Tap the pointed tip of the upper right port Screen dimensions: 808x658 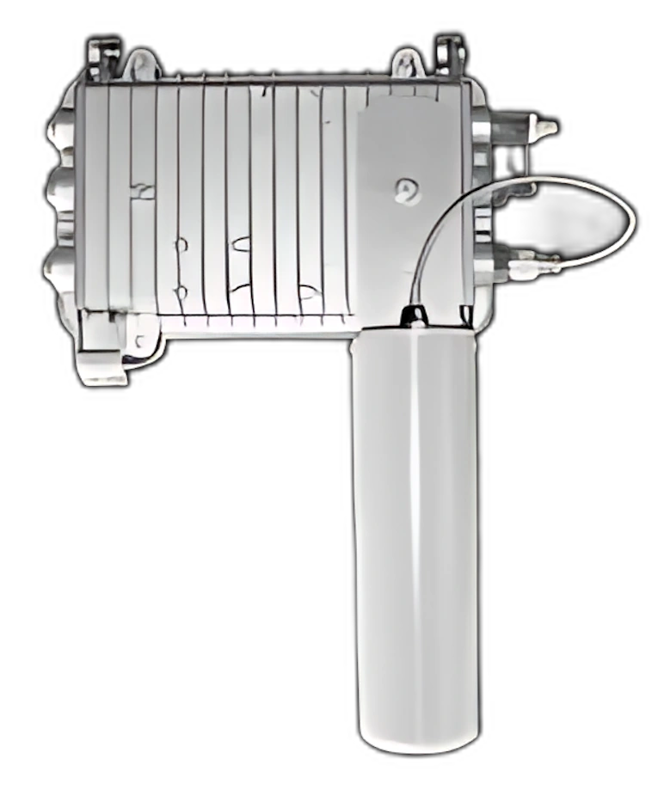click(x=548, y=128)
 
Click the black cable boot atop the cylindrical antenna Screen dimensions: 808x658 click(x=415, y=315)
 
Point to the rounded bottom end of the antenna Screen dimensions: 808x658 click(x=417, y=739)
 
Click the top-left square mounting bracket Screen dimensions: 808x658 click(x=103, y=58)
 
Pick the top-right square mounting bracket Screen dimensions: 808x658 click(x=449, y=55)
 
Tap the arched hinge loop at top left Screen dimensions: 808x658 click(x=142, y=65)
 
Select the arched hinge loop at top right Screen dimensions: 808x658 click(x=408, y=64)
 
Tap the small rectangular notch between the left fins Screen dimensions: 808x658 click(x=142, y=191)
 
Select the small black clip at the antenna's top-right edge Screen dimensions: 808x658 click(x=465, y=316)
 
